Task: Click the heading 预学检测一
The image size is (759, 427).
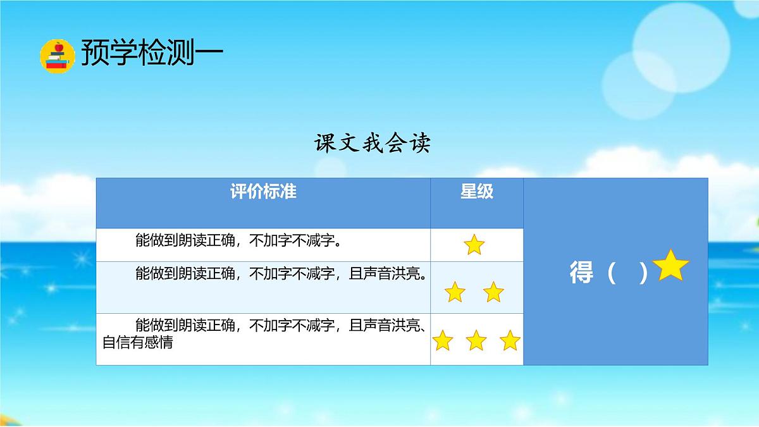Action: [x=152, y=53]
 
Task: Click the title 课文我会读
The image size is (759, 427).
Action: [x=373, y=144]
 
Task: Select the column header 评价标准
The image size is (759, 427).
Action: [x=263, y=192]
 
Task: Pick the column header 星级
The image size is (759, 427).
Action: [x=477, y=192]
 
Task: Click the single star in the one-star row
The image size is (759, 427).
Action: [x=474, y=245]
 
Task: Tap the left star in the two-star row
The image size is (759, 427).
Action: [x=455, y=292]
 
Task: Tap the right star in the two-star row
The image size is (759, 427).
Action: [x=493, y=292]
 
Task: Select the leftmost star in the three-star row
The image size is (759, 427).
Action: [x=443, y=341]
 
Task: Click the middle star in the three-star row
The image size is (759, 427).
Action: [x=476, y=341]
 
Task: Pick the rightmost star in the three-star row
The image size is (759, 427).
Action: [x=510, y=341]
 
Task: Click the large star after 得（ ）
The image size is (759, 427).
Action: [x=671, y=266]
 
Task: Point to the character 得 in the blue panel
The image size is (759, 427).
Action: [x=581, y=273]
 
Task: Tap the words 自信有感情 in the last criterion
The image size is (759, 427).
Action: [x=138, y=343]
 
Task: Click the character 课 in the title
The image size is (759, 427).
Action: [x=326, y=144]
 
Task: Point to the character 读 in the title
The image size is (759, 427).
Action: [x=420, y=144]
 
